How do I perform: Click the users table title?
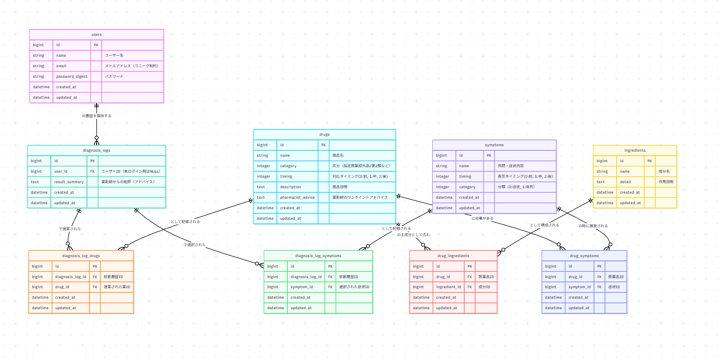[97, 34]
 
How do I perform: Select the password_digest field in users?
[71, 76]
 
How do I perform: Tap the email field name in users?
[61, 66]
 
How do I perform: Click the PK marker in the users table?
[96, 45]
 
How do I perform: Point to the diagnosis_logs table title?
[97, 150]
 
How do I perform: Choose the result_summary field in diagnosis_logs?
[69, 182]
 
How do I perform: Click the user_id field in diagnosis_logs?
[61, 171]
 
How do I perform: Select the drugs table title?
[324, 134]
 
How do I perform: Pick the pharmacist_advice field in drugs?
[297, 197]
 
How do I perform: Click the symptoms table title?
[494, 145]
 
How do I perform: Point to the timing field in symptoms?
[465, 176]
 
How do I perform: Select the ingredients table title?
[635, 150]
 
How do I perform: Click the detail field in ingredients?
[626, 182]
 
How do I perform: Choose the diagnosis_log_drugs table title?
[81, 256]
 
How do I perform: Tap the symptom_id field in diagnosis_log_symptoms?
[302, 287]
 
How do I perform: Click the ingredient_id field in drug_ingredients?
[448, 287]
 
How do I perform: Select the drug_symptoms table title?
[584, 256]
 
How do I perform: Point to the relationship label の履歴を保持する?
[97, 116]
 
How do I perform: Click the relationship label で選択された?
[195, 245]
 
